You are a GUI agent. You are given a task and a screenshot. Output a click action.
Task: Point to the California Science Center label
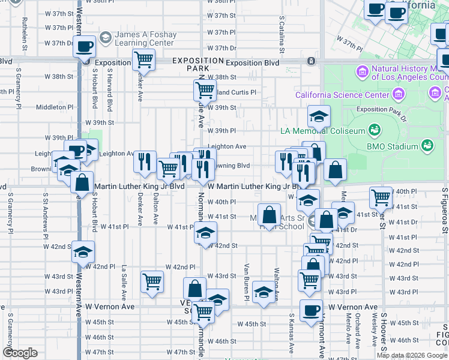coord(342,95)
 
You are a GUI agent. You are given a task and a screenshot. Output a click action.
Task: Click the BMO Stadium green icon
coord(427,146)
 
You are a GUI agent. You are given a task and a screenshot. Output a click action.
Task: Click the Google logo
coord(20,353)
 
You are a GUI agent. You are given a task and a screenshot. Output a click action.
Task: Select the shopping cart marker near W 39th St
coord(205,91)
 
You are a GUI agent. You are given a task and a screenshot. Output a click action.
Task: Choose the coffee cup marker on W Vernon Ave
coord(311,311)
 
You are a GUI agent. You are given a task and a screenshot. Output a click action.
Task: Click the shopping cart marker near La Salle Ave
coord(152,282)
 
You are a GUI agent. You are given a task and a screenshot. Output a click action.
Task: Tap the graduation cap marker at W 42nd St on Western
coord(83,252)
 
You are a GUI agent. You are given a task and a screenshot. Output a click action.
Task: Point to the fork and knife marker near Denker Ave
coord(145,161)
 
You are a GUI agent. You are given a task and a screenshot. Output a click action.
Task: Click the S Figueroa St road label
coord(445,210)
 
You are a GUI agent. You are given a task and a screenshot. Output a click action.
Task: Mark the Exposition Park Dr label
coord(381,110)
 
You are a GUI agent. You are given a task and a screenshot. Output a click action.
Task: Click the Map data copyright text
coord(412,355)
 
